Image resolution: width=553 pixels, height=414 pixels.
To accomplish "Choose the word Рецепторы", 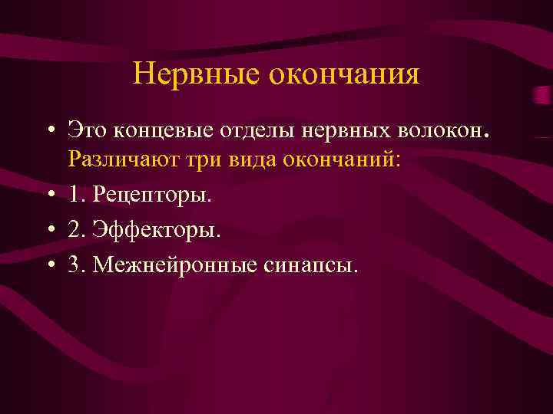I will coord(149,195).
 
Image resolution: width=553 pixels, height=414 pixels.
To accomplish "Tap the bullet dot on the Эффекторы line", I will coord(49,230).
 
